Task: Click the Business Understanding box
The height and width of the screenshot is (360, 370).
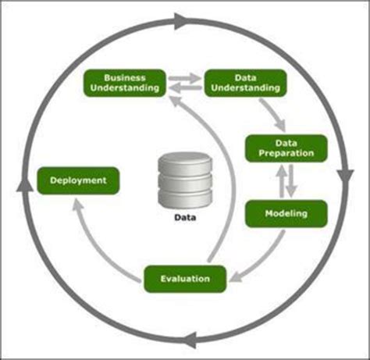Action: [x=123, y=83]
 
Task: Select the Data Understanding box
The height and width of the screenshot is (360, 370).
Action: [x=246, y=83]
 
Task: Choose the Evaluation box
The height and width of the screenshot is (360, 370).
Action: [x=185, y=279]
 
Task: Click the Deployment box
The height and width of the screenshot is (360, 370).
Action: [x=78, y=180]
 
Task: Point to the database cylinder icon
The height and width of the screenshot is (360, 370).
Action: [x=184, y=180]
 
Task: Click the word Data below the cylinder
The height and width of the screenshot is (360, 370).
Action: [x=184, y=219]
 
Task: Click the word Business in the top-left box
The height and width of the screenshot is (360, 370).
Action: [x=123, y=78]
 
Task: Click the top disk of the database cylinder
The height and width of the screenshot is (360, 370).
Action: [x=184, y=161]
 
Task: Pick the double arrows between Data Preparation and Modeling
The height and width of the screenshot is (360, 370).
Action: [x=286, y=181]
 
